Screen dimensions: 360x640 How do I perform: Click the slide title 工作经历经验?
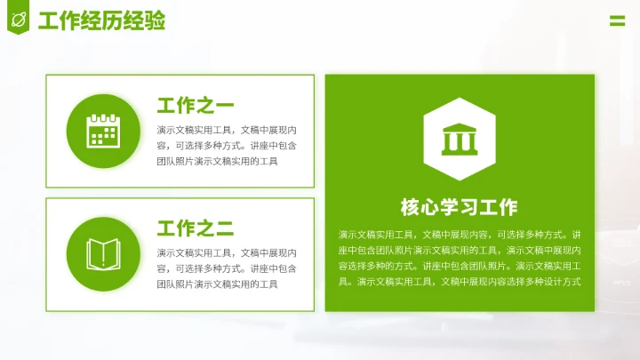click(101, 20)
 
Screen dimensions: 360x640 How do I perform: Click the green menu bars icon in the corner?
click(617, 20)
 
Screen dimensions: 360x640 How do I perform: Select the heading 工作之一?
click(196, 107)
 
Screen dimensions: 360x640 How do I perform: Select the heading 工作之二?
click(196, 228)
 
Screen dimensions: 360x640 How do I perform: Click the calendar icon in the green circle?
click(102, 132)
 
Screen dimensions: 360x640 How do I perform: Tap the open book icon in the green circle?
click(102, 254)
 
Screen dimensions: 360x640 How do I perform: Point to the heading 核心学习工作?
click(459, 208)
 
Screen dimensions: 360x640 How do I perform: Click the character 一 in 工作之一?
click(225, 107)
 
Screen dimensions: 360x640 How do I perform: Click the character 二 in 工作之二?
click(225, 228)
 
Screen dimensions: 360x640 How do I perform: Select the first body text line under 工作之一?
click(227, 130)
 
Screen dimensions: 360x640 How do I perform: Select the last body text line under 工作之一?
click(217, 162)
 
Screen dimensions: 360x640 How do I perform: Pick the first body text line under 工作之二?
click(227, 252)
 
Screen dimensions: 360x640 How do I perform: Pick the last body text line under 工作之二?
click(217, 284)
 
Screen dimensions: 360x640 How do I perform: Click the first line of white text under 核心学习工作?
click(460, 235)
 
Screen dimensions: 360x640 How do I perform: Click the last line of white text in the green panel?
click(460, 282)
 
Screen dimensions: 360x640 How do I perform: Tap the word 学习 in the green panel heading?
click(459, 208)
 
